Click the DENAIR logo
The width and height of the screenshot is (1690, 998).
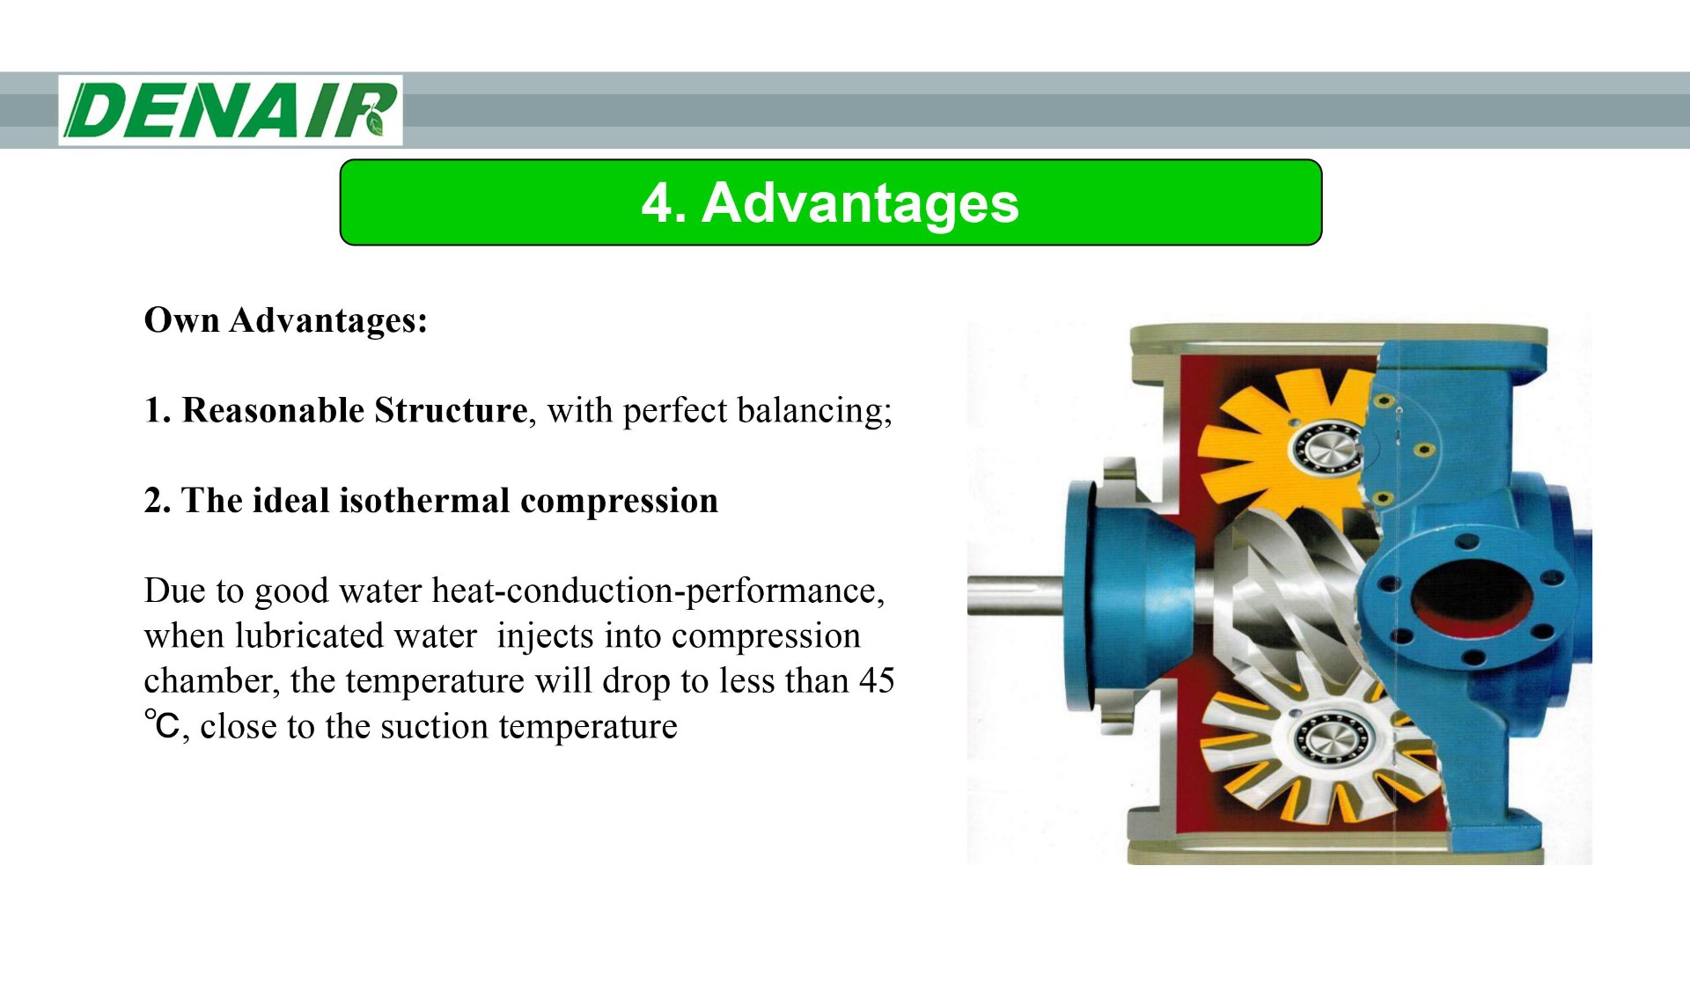[x=231, y=110]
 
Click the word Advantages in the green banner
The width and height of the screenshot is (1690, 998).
[x=860, y=203]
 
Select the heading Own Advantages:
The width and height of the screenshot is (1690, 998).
[x=285, y=320]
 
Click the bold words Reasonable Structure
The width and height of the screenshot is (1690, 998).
[x=354, y=411]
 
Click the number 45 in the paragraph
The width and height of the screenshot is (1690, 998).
[x=877, y=681]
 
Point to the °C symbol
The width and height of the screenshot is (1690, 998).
[x=162, y=726]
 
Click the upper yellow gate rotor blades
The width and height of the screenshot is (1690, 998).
[x=1250, y=440]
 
